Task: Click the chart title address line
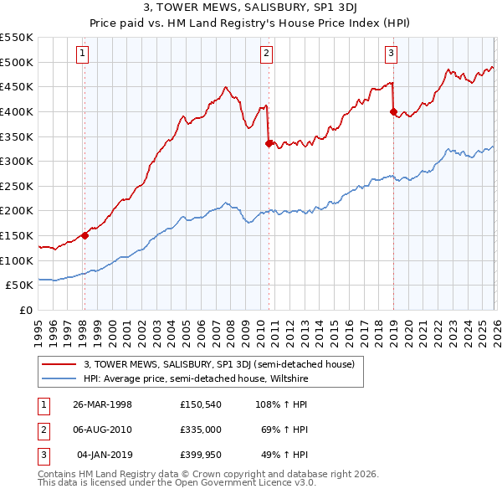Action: (x=250, y=9)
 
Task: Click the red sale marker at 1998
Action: (x=85, y=235)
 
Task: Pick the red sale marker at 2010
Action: (x=269, y=143)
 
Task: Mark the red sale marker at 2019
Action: (x=393, y=111)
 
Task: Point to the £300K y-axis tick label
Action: (x=17, y=161)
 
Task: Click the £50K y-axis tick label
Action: (x=20, y=285)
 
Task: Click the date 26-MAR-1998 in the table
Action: (x=102, y=404)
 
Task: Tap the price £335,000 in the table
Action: (x=200, y=430)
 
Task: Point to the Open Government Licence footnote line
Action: (x=177, y=483)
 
